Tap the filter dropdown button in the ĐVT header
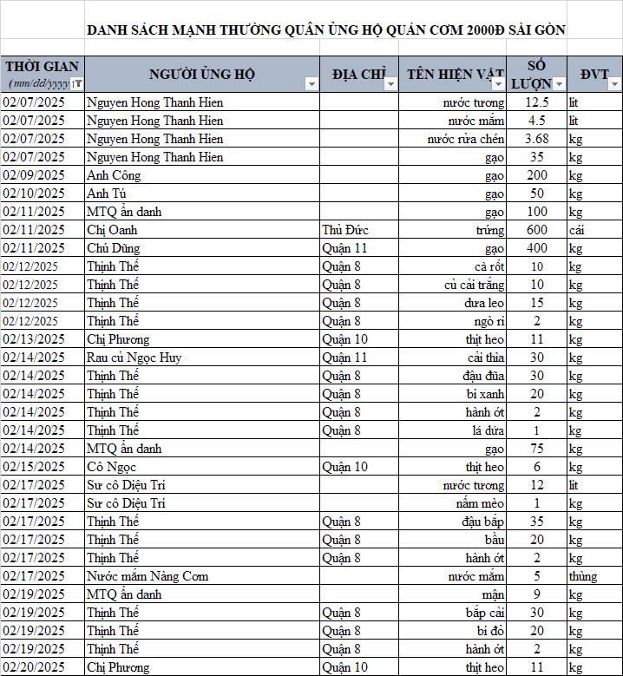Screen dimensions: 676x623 pyautogui.click(x=614, y=84)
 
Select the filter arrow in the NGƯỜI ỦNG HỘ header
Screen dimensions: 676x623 pyautogui.click(x=311, y=84)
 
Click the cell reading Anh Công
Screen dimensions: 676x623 pyautogui.click(x=114, y=175)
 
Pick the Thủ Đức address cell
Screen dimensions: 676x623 pyautogui.click(x=342, y=230)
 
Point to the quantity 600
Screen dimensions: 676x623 pyautogui.click(x=536, y=230)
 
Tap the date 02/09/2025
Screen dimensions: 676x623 pyautogui.click(x=34, y=175)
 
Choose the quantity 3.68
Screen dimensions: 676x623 pyautogui.click(x=536, y=139)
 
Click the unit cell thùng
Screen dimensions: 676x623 pyautogui.click(x=583, y=576)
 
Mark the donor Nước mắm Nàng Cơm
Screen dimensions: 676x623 pyautogui.click(x=148, y=576)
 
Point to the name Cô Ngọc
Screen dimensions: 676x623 pyautogui.click(x=110, y=467)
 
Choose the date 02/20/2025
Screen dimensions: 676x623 pyautogui.click(x=34, y=667)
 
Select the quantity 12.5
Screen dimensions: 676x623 pyautogui.click(x=536, y=102)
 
